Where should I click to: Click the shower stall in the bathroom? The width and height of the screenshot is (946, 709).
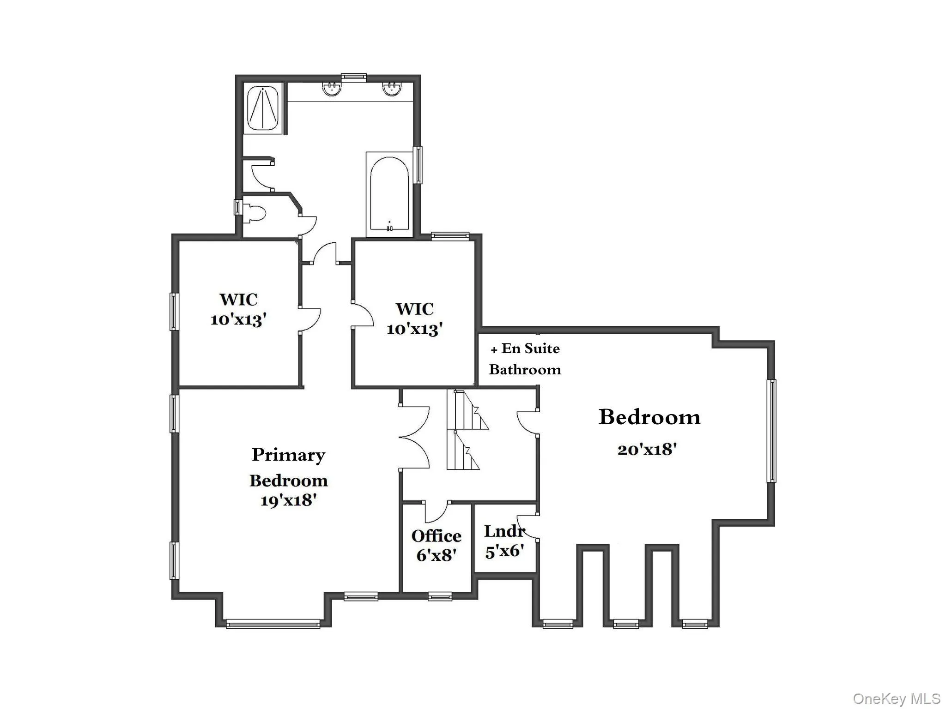[262, 108]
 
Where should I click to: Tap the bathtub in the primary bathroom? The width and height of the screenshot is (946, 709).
[389, 194]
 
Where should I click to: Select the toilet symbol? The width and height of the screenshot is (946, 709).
[256, 214]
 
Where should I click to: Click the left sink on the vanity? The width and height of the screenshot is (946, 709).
[331, 89]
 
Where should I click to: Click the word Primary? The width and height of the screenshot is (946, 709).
[288, 455]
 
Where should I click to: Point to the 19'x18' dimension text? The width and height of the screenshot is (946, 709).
[288, 500]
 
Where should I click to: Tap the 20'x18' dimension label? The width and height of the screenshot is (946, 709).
[647, 449]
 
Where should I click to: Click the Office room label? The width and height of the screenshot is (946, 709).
[436, 536]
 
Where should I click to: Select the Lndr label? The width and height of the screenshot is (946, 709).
[504, 531]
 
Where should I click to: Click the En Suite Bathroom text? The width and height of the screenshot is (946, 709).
[525, 359]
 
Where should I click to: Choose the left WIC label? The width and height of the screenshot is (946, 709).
[238, 299]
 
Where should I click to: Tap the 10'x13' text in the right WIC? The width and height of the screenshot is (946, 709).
[414, 329]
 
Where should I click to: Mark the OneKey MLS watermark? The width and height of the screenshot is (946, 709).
[897, 698]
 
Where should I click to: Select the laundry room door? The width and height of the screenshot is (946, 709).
[527, 526]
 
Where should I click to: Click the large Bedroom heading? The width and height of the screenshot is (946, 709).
[649, 417]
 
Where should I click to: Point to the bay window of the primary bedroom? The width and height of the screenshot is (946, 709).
[273, 624]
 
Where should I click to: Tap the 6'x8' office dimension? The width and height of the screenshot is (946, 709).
[436, 555]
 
